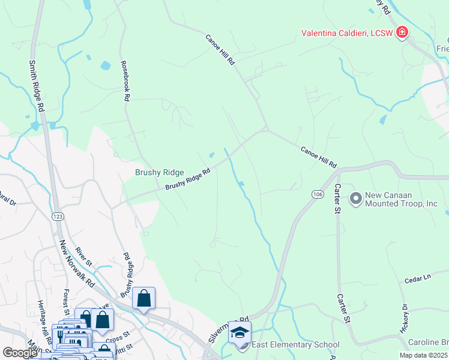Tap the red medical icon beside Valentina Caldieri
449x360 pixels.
(x=402, y=32)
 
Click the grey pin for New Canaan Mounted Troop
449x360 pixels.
(x=355, y=198)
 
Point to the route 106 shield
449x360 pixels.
(x=318, y=194)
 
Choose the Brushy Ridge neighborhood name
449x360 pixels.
(x=159, y=173)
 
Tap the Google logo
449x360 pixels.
(x=20, y=353)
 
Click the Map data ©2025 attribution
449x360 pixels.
(x=423, y=355)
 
